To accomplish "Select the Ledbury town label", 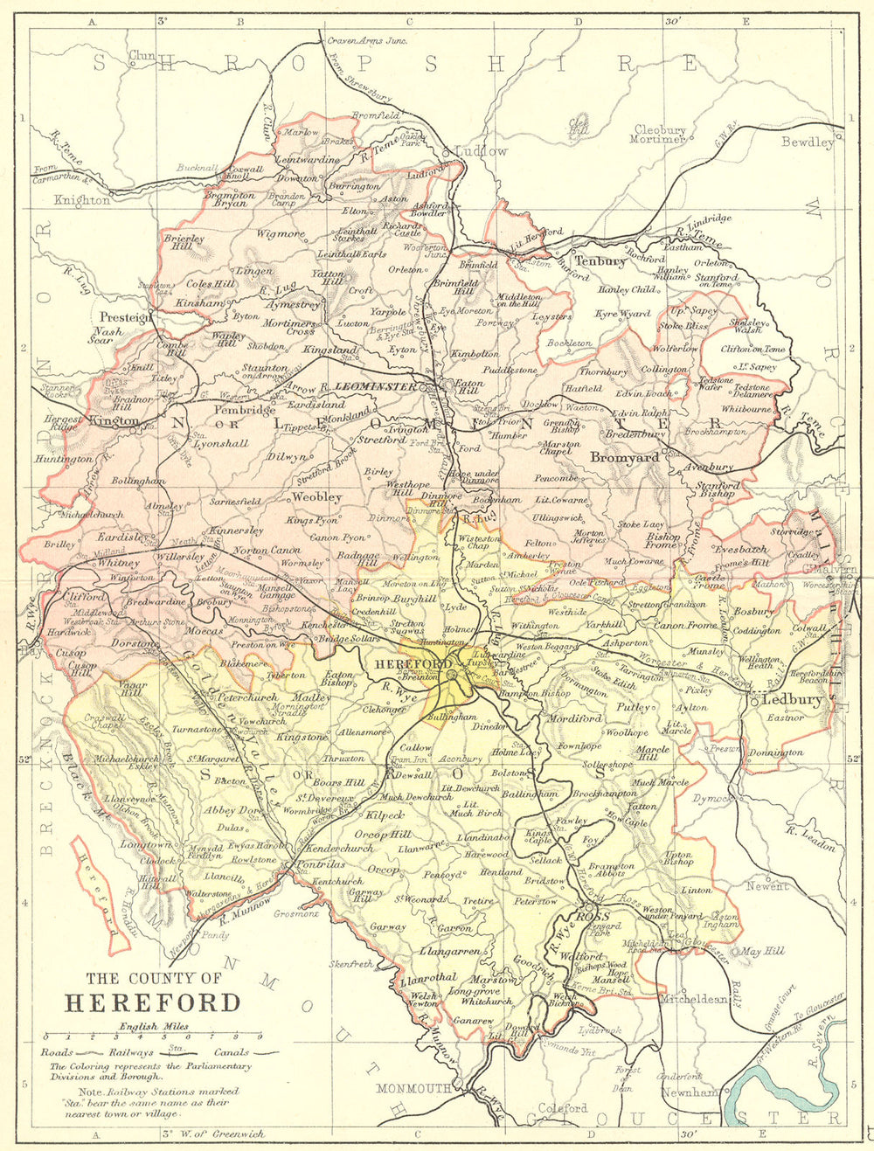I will coord(792,699).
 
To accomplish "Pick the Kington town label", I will coord(114,421).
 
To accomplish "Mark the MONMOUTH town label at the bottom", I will coord(414,1088).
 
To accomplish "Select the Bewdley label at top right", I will coord(807,142).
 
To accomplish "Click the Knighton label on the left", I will coord(82,200).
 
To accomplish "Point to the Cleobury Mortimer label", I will coord(660,135).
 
